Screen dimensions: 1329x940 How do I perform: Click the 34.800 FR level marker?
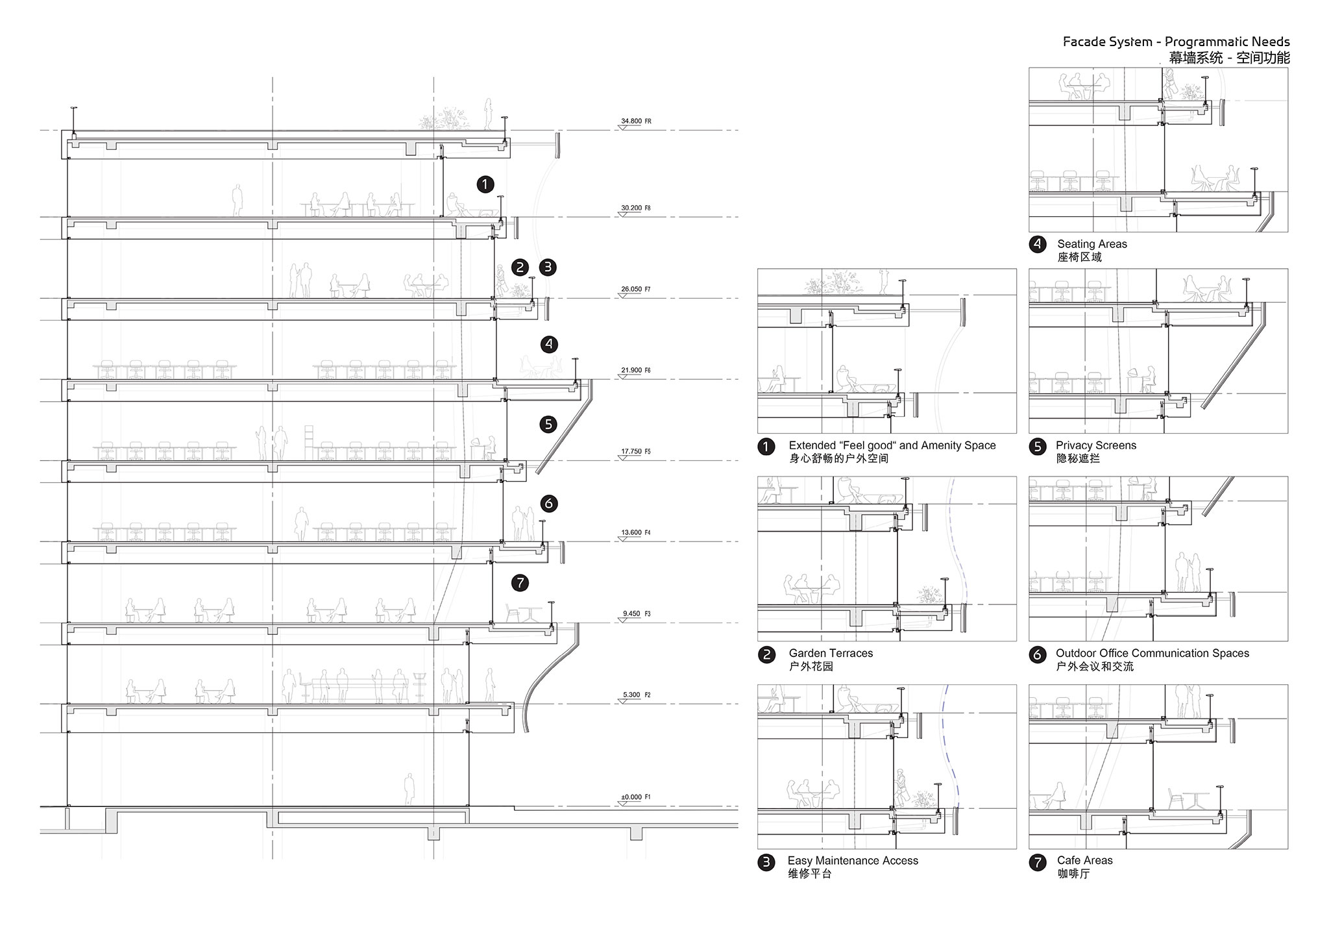[635, 121]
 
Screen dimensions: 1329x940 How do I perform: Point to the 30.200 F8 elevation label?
[635, 208]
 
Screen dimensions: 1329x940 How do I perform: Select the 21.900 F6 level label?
[635, 371]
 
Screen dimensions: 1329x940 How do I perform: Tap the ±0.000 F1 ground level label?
[635, 797]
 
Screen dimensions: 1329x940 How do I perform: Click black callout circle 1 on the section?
[485, 184]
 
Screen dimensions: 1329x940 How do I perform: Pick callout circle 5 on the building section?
[548, 425]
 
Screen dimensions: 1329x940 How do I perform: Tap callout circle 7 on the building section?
[520, 583]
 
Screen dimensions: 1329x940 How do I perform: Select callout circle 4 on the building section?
[550, 344]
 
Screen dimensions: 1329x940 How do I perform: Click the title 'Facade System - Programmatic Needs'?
[1176, 42]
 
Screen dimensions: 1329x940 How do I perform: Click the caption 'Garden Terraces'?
[831, 653]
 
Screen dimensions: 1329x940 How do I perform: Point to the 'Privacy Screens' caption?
[1096, 445]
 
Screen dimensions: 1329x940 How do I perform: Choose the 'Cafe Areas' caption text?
[1084, 860]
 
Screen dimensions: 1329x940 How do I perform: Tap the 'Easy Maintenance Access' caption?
[853, 861]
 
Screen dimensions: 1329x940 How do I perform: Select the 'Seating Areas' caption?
[1092, 244]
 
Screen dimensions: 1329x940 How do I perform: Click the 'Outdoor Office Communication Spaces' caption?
[1152, 653]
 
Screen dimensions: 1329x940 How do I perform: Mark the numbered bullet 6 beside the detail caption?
[1037, 654]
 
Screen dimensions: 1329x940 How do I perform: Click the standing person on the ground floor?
[409, 789]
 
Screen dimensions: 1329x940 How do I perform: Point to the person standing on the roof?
[488, 114]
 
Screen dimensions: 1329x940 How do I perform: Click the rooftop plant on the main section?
[445, 119]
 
